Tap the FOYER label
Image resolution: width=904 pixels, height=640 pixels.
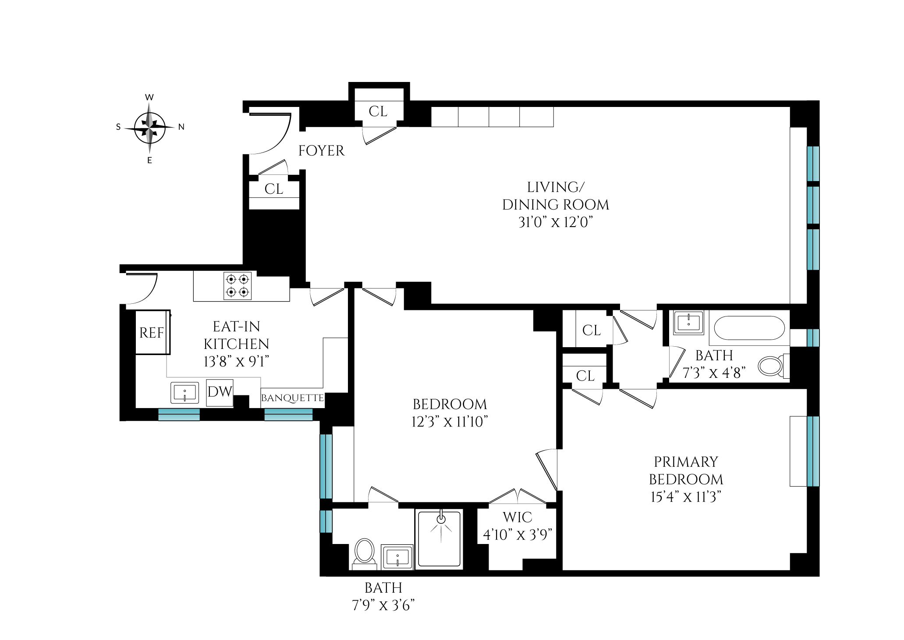coord(321,151)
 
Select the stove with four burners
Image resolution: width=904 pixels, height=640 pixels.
coord(238,286)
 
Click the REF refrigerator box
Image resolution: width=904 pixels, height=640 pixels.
coord(152,333)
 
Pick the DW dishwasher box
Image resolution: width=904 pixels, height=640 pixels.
coord(220,392)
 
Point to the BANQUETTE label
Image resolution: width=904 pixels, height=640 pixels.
coord(292,398)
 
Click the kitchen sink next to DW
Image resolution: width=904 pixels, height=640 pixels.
coord(184,392)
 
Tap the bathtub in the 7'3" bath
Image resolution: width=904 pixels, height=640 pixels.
coord(749,328)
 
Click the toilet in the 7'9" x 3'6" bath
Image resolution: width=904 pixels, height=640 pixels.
coord(364,552)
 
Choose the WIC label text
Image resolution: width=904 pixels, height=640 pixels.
coord(517,517)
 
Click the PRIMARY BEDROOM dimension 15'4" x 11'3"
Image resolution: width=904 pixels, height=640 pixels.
coord(686,497)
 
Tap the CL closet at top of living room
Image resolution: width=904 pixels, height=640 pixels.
coord(378,111)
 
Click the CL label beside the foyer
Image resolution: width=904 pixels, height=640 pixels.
coord(274,189)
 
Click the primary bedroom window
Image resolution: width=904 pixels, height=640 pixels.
coord(813,451)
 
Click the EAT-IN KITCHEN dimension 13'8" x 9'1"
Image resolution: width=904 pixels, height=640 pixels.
coord(236,361)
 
